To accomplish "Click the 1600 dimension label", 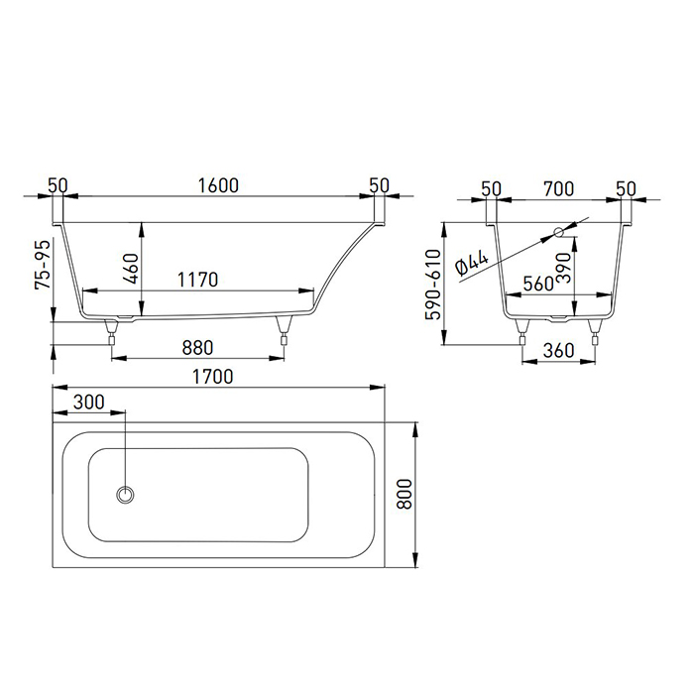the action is pyautogui.click(x=218, y=185).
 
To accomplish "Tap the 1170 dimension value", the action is pyautogui.click(x=197, y=280).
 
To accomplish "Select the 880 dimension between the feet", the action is pyautogui.click(x=197, y=348).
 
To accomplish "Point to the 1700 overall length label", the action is pyautogui.click(x=212, y=377).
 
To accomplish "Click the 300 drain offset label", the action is pyautogui.click(x=89, y=403).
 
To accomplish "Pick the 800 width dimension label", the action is pyautogui.click(x=405, y=494).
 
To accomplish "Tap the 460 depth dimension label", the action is pyautogui.click(x=132, y=269).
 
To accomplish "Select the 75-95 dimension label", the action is pyautogui.click(x=43, y=265).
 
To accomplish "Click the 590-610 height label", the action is pyautogui.click(x=433, y=285).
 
